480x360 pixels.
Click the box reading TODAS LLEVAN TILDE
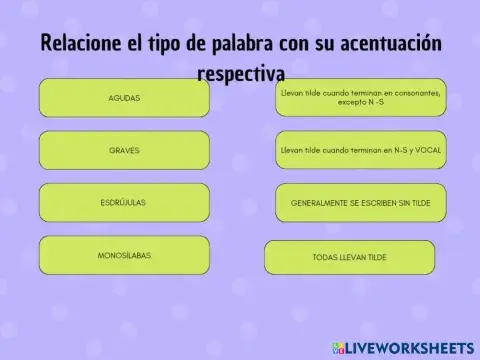[349, 257]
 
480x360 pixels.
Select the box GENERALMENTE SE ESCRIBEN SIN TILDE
[360, 203]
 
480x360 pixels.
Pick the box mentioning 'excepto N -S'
[360, 98]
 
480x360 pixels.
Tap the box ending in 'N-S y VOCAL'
[360, 150]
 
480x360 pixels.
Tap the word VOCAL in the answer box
[429, 150]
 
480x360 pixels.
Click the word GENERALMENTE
[319, 203]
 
